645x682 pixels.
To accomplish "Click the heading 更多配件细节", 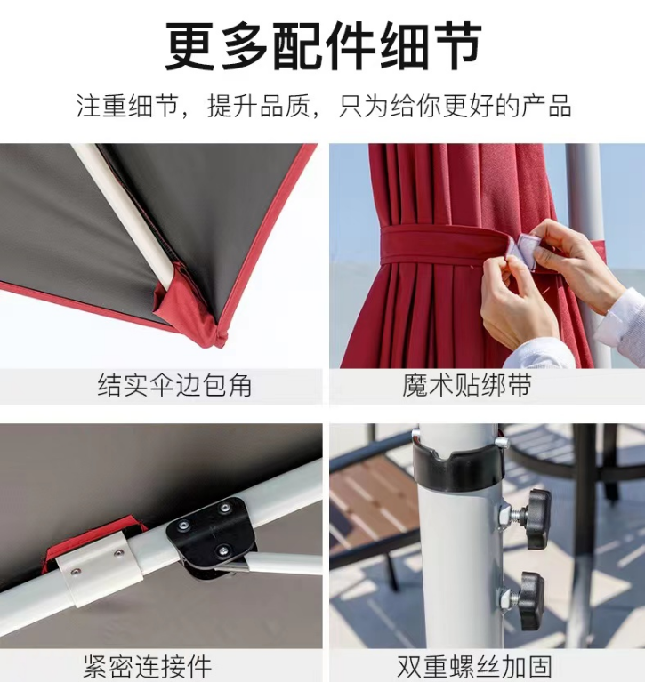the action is [323, 47].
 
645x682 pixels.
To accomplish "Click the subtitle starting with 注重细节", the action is [323, 106].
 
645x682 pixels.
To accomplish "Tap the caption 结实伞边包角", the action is [174, 385].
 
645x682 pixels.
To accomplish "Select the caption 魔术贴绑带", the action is [466, 385].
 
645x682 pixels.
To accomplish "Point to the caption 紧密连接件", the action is [148, 666].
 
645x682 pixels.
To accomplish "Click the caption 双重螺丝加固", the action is [474, 666].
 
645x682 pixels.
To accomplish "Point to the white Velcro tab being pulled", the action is [527, 250].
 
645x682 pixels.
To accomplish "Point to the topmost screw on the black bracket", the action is [224, 508].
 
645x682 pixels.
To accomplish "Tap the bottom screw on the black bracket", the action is [222, 550].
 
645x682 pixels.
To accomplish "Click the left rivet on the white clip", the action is [77, 571].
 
